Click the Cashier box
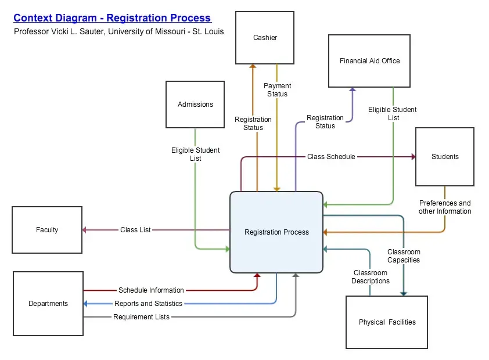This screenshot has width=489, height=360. (x=265, y=38)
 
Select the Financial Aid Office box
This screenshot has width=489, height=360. (x=369, y=61)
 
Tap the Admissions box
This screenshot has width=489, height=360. (x=195, y=105)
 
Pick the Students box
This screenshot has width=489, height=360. (x=445, y=157)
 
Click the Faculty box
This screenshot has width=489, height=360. (x=47, y=230)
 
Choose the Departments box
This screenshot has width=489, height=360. (x=48, y=304)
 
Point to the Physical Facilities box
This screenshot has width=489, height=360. (x=387, y=322)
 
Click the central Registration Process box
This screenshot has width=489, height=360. (x=276, y=232)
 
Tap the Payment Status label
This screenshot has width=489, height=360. (x=278, y=90)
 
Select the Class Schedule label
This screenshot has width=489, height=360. (x=331, y=157)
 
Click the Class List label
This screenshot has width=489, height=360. (x=135, y=230)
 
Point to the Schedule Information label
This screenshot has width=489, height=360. (x=151, y=290)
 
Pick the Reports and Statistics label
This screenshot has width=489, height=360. (x=148, y=304)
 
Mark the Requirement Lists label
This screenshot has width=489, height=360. (x=141, y=317)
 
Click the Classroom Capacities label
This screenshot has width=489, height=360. (x=404, y=256)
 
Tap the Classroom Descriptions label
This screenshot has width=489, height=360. (x=371, y=277)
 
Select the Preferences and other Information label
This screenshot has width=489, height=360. (x=445, y=207)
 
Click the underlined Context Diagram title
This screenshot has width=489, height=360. (x=112, y=18)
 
